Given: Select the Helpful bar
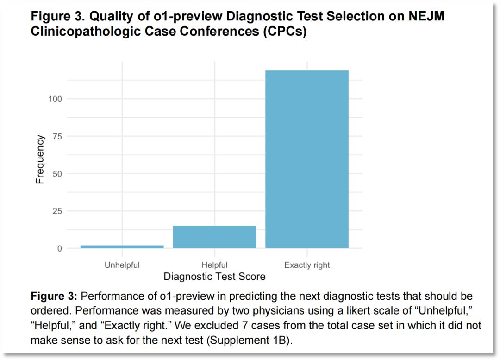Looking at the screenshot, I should (214, 237).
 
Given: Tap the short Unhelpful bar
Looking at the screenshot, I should (122, 246).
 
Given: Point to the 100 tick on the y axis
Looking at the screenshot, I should (55, 99).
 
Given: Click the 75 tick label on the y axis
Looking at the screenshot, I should (57, 136).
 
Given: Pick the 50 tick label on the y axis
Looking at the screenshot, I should (57, 174).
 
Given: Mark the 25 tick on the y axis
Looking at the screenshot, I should (57, 211).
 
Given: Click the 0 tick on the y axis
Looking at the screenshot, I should (60, 249).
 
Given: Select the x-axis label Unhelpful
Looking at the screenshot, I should (122, 265).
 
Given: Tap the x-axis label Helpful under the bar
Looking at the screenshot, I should (214, 265).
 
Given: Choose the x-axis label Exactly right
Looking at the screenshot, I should (307, 265).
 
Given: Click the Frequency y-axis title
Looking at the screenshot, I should (40, 159).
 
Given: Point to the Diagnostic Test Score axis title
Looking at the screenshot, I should (214, 277).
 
